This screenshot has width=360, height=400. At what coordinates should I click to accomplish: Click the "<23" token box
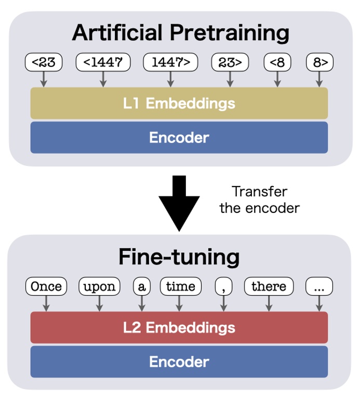(44, 62)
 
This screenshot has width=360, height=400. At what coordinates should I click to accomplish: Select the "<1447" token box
(103, 62)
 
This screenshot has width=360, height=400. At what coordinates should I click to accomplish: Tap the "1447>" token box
(170, 62)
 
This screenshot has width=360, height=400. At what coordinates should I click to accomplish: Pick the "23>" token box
(229, 62)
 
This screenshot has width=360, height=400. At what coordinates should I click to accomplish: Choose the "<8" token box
(277, 62)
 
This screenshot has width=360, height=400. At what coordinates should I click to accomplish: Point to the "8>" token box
(319, 62)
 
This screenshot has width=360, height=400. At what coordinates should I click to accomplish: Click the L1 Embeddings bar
(179, 103)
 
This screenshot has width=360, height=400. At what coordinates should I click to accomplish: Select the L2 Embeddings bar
(179, 327)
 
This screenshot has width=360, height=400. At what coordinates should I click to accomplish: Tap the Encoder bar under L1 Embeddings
(179, 137)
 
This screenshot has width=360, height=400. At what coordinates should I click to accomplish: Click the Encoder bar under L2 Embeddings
(179, 362)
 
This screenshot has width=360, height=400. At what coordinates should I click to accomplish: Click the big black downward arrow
(179, 203)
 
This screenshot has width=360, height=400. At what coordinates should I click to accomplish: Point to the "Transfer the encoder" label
(259, 199)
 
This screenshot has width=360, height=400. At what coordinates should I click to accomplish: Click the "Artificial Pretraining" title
(180, 33)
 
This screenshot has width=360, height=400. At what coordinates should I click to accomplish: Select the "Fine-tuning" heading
(179, 257)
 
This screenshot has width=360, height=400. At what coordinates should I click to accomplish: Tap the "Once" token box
(46, 286)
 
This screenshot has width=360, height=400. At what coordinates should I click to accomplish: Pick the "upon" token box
(99, 286)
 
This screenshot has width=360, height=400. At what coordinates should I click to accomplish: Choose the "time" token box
(180, 286)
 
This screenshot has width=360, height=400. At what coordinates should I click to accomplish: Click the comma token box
(223, 286)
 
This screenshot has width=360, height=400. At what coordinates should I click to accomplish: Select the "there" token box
(269, 286)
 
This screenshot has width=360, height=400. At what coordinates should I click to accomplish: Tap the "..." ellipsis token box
(319, 286)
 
